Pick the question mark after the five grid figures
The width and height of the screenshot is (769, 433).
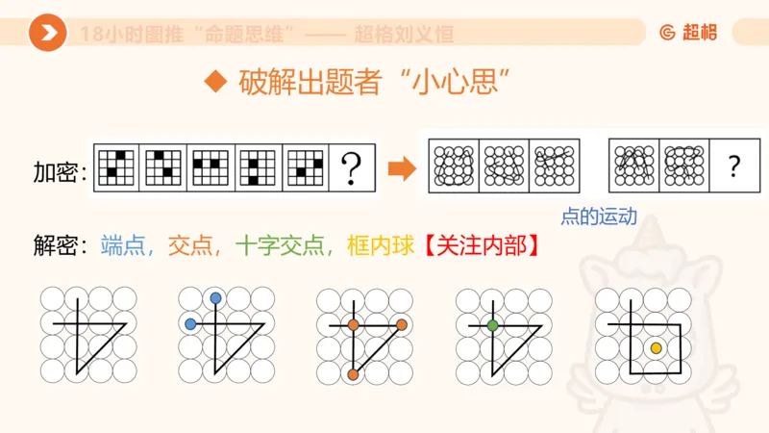point(352,170)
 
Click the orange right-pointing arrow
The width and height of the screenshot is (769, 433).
point(400,170)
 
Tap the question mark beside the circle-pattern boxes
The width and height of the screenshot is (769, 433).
point(734,167)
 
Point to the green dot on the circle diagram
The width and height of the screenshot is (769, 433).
point(492,325)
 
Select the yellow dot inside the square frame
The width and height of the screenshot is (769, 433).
point(656,347)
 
